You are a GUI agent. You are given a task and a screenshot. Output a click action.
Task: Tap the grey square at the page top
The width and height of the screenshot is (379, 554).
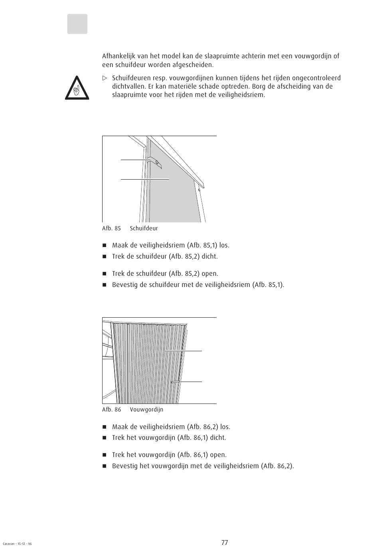[77, 24]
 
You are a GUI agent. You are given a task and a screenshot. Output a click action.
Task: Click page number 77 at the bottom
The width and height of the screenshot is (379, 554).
[225, 542]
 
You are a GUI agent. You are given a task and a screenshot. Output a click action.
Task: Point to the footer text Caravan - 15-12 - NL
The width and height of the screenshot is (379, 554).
[17, 544]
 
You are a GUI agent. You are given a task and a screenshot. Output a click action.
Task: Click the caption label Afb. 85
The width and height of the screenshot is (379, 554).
[111, 228]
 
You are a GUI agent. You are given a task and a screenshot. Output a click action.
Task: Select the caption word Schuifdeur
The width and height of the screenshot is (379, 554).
[144, 228]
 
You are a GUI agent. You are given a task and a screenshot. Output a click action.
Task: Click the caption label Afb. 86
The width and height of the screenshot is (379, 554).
[111, 410]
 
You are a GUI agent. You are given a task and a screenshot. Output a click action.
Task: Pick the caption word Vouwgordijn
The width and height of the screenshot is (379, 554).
[146, 410]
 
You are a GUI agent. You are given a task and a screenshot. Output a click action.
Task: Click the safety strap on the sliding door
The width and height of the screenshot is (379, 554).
[154, 161]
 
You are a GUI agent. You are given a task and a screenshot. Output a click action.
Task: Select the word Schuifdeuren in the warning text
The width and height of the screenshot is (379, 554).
[131, 78]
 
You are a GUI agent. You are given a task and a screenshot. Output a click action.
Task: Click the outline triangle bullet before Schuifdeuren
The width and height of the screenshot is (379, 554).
[105, 78]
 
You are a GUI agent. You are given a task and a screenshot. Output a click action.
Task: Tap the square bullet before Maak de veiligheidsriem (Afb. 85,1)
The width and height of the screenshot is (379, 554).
[105, 245]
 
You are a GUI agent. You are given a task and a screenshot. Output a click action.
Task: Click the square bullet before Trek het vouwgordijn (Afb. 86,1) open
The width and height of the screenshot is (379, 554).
[105, 455]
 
